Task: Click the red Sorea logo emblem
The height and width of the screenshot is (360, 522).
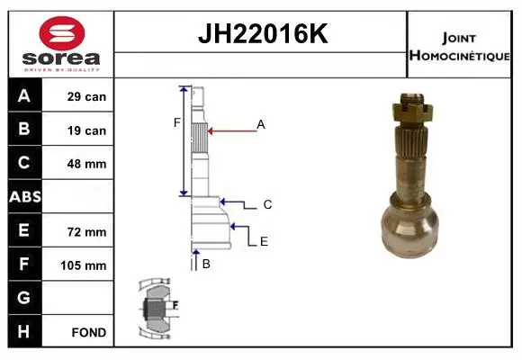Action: pos(62,33)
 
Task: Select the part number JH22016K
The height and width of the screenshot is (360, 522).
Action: pos(263,33)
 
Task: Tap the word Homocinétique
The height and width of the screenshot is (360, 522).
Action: pos(459,56)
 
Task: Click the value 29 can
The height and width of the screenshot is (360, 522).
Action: pos(86,96)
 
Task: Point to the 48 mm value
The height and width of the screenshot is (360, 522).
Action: pos(86,164)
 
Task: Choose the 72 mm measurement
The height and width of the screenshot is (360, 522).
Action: pos(86,232)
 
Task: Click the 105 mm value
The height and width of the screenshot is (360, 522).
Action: pos(83,265)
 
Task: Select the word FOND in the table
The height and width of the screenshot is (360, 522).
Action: pos(89,332)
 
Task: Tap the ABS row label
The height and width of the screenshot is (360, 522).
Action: pos(25,196)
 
